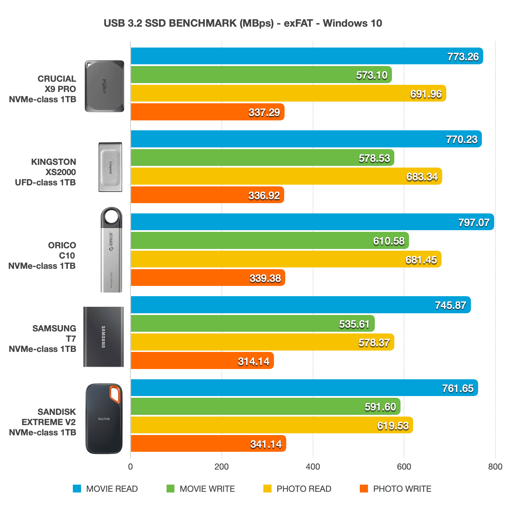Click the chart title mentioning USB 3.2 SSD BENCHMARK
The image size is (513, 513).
[243, 23]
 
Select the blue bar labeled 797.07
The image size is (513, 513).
[308, 222]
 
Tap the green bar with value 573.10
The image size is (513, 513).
[239, 75]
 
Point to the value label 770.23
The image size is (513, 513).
[462, 140]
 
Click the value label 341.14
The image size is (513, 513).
[266, 444]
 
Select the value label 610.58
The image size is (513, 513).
[389, 241]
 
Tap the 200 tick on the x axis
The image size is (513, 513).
[222, 467]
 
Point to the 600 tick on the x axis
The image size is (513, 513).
[404, 467]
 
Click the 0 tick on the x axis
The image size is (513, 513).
[130, 467]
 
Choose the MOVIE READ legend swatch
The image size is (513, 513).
[77, 489]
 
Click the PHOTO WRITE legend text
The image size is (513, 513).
[402, 489]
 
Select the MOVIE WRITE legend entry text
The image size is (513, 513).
[207, 489]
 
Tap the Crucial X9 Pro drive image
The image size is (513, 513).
[104, 86]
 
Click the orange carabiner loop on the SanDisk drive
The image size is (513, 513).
[115, 394]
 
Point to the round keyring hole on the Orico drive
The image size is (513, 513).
[111, 217]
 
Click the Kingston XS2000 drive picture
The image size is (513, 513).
[110, 167]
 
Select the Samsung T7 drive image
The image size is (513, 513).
[103, 337]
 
